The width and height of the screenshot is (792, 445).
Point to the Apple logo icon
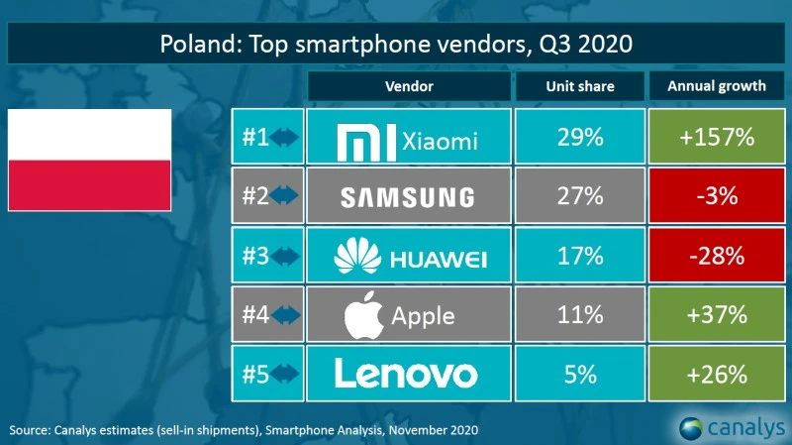[x=362, y=315]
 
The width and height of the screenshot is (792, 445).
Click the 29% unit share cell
[x=579, y=140]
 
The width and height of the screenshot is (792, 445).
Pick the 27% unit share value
[x=579, y=197]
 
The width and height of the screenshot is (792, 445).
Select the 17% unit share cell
[x=579, y=257]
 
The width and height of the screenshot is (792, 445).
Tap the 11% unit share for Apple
[x=579, y=315]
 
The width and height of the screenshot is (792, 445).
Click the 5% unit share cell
[x=579, y=374]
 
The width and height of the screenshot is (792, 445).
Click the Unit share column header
[x=579, y=86]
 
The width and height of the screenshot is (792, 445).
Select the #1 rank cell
[x=267, y=140]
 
